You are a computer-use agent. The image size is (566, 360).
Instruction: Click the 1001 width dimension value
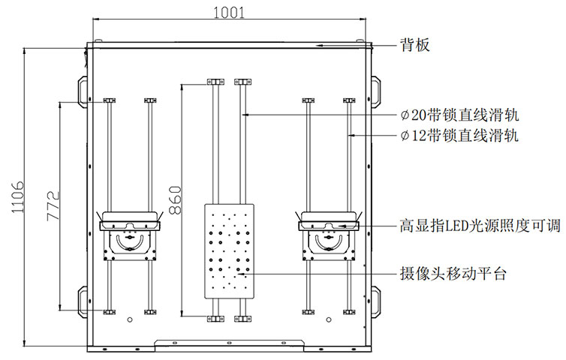(229, 13)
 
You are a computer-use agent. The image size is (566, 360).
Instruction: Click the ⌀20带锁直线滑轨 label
(459, 115)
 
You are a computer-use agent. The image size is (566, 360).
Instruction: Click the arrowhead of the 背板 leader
(319, 46)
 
